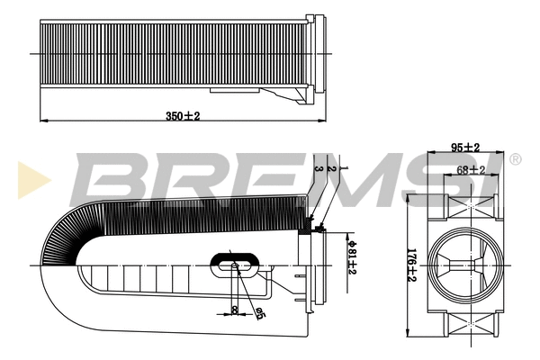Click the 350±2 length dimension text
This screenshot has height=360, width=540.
pos(182,116)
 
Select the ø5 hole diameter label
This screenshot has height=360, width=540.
pos(260,313)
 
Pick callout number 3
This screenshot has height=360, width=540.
pos(319,168)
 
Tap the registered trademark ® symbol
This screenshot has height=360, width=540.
pos(515,160)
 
